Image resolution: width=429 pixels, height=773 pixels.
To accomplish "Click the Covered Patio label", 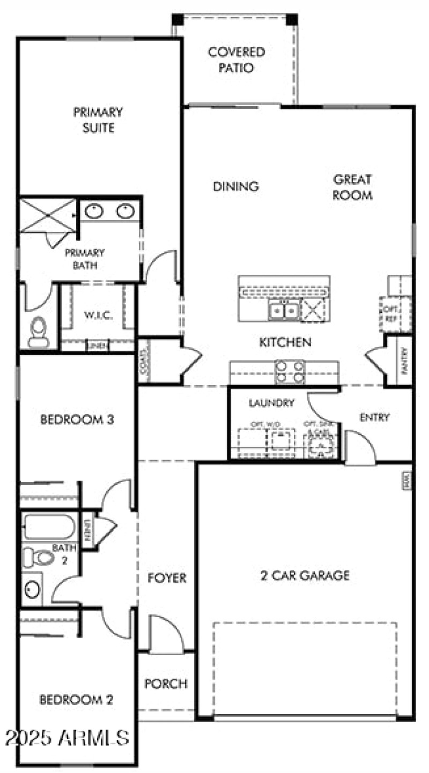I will coord(236,60).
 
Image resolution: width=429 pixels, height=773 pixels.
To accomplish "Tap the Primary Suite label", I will coord(98,120).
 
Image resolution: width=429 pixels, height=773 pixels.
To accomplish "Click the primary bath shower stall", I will coord(48,215).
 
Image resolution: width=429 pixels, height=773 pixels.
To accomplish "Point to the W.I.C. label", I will coord(98,316).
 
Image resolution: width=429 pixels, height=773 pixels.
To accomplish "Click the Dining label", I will coord(236,187).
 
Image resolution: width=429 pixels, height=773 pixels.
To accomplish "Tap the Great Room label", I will coord(352,187).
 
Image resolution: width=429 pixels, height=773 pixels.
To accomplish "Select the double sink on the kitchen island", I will coord(284,310).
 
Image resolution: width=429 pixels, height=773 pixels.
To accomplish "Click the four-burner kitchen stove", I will coord(290,371).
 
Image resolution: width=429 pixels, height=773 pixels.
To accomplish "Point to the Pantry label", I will coord(404,360).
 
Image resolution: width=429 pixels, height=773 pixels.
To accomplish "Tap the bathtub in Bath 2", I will coord(49,527).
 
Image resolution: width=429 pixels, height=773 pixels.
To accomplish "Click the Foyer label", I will coord(167,578).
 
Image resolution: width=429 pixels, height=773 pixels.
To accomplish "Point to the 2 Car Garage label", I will coord(305,576).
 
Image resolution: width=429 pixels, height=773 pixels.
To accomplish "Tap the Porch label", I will coord(166,684).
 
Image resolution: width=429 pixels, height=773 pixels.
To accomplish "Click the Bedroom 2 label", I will coord(77,700).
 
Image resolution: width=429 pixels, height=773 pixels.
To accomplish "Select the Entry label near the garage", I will coord(374,417).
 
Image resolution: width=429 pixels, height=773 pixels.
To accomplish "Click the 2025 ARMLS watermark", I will coord(67,738).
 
